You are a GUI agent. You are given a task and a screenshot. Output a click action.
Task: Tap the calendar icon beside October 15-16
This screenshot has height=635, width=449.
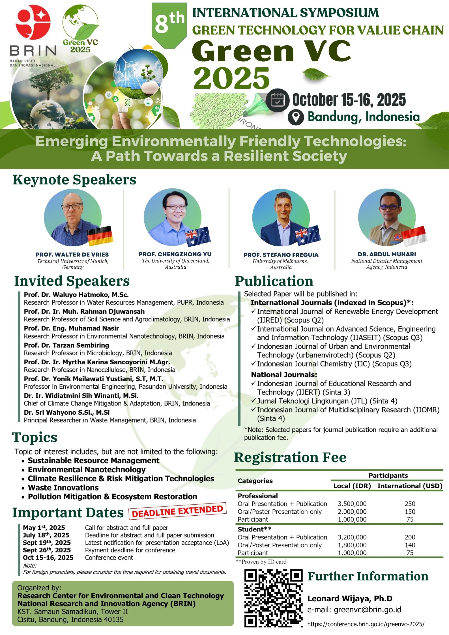coord(278,100)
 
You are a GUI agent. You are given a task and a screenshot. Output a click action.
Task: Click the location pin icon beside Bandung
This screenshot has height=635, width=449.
coord(296,117)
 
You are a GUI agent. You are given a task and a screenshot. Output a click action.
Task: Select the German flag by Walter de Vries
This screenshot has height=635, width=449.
coord(100,236)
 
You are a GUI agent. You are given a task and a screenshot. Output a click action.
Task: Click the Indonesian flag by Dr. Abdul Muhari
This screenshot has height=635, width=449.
coord(414,236)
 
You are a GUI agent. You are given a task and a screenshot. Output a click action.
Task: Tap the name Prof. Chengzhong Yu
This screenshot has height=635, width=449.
coord(175,254)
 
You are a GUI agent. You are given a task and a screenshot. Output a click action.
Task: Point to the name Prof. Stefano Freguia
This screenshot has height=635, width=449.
coord(281,255)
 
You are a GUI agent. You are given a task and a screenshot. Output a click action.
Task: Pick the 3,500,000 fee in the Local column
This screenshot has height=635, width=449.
coord(352,504)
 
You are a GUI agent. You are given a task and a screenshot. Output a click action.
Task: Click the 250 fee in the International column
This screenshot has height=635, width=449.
coord(410,504)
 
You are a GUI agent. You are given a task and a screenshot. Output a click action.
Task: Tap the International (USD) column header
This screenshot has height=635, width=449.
coord(410,486)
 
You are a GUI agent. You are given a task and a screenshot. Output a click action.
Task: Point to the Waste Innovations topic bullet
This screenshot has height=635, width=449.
coord(63,488)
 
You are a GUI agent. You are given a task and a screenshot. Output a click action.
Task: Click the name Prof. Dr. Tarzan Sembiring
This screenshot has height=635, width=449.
coord(66,345)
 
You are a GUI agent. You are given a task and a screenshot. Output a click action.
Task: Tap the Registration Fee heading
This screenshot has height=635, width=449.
coord(290,457)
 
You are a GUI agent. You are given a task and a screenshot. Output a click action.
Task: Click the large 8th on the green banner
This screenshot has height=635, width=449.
coord(169,23)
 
